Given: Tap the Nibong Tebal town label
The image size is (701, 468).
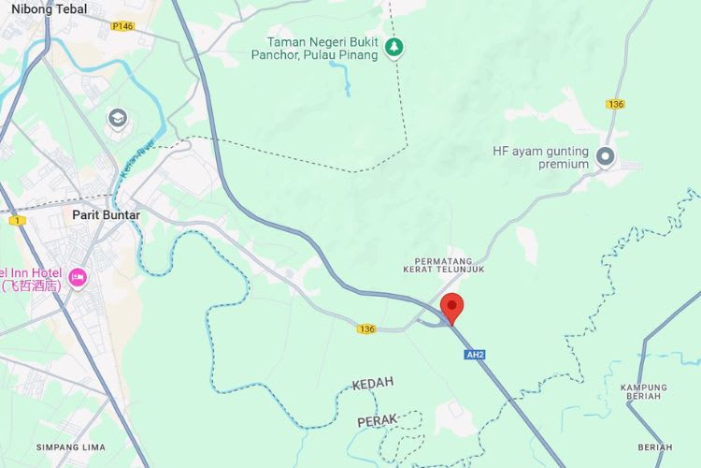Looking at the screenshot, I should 49,9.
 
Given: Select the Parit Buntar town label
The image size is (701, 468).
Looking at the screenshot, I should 107,214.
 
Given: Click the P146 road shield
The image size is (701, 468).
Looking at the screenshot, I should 122,26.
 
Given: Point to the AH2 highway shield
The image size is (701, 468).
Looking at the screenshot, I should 475,354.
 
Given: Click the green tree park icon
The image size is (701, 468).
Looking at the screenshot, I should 394,47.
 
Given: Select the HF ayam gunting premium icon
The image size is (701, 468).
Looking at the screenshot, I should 606,157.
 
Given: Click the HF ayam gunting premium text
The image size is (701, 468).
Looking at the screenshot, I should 541,157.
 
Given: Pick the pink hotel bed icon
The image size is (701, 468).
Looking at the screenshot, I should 79,277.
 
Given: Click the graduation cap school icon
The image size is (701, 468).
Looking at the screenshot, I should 117,119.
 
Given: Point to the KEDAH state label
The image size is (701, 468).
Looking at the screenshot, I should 373,384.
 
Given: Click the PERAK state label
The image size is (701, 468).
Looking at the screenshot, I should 378,421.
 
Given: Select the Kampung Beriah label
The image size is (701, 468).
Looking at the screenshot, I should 641,391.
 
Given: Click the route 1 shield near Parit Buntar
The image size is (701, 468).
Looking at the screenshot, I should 16,220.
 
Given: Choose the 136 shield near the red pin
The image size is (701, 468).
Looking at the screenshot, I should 365,329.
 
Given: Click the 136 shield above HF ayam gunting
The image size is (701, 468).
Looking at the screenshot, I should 614,104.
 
